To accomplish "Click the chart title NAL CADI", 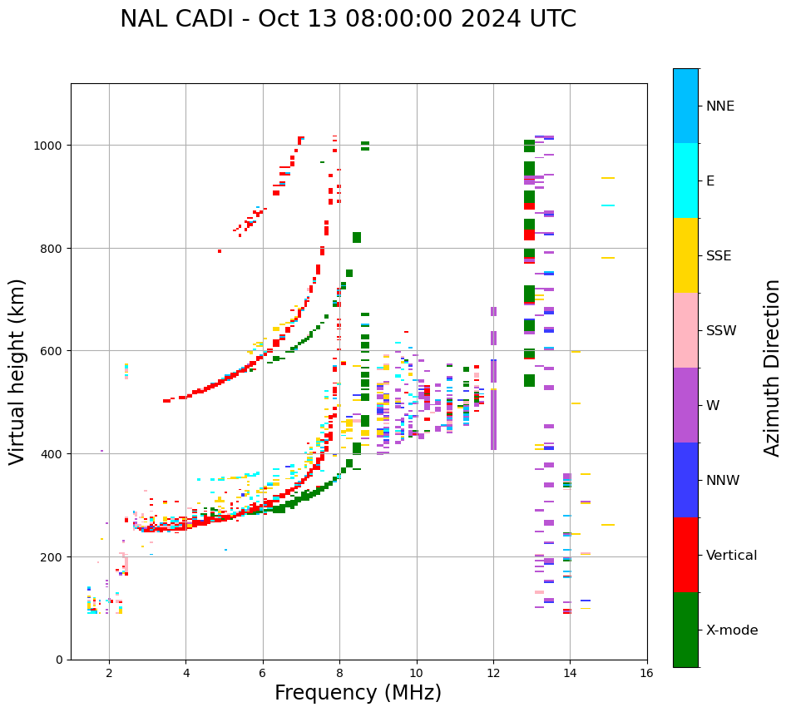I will [348, 19].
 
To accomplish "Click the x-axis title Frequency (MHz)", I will [358, 693].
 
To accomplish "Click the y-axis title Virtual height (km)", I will [17, 371].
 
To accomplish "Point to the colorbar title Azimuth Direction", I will [773, 368].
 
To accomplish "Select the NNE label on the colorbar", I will [720, 106].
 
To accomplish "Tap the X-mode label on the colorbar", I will [732, 630].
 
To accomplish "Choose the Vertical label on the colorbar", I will [732, 556].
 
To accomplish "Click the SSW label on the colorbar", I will [721, 331].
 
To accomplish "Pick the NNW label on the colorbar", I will [724, 481].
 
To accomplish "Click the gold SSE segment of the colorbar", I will [685, 255].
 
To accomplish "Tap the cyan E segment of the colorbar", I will [685, 180].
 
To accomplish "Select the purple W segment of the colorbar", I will [685, 405].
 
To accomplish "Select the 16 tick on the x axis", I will [646, 674].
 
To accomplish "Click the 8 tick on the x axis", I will [339, 674].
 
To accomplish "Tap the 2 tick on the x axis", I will [109, 674].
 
